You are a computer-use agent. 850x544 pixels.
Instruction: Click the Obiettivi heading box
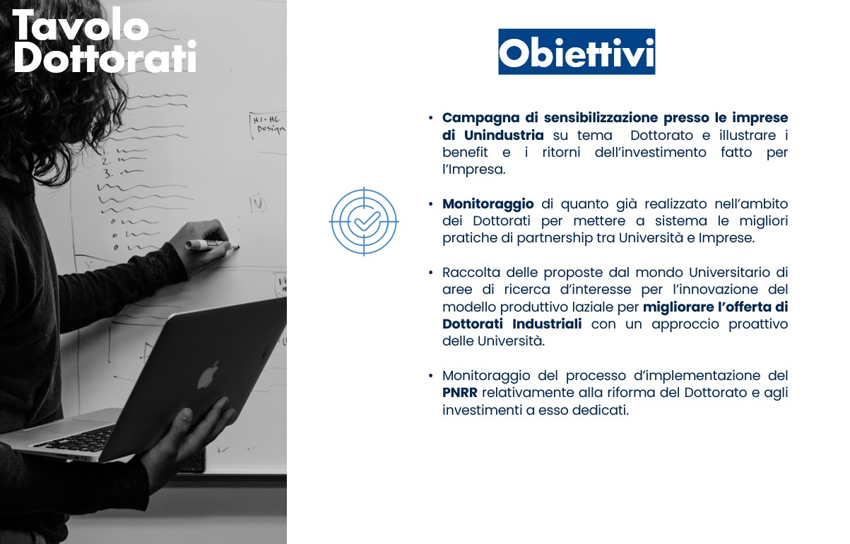click(x=576, y=52)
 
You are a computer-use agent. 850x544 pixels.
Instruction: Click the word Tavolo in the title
click(x=80, y=27)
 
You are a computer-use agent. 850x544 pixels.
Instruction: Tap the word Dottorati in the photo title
click(x=105, y=59)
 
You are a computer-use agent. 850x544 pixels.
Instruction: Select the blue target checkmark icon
click(x=365, y=221)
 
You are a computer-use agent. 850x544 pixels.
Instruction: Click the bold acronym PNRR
click(x=461, y=393)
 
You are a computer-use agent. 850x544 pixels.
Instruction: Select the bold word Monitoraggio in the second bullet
click(x=488, y=204)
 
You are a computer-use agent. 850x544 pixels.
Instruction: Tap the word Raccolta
click(x=471, y=273)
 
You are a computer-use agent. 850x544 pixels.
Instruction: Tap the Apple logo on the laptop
click(x=208, y=374)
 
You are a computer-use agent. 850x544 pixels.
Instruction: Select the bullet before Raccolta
click(x=430, y=273)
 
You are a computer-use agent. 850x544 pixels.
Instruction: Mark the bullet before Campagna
click(x=430, y=117)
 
